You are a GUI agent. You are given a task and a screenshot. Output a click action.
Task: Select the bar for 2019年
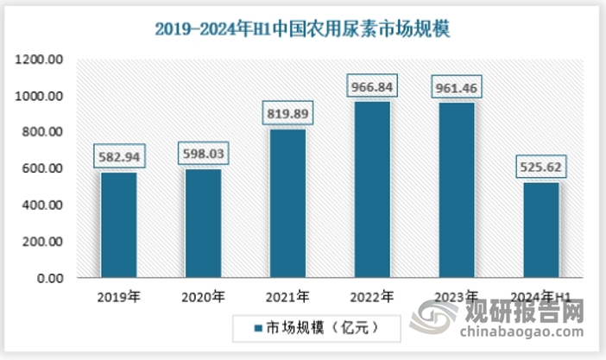pyautogui.click(x=119, y=225)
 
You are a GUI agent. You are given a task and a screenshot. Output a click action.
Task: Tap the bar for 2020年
pyautogui.click(x=204, y=224)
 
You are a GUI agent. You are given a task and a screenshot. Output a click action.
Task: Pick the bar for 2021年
pyautogui.click(x=287, y=204)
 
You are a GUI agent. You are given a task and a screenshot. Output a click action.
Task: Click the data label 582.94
pyautogui.click(x=119, y=157)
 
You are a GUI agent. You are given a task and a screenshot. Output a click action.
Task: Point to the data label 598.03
pyautogui.click(x=204, y=155)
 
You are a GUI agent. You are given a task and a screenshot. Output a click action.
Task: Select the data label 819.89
pyautogui.click(x=287, y=114)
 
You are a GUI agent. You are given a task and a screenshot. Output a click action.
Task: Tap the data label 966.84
pyautogui.click(x=371, y=87)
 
